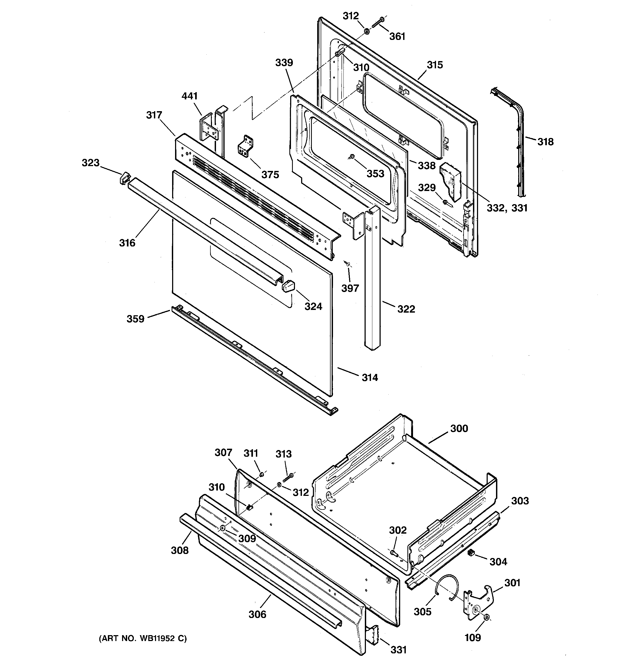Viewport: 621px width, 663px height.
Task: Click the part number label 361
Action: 397,36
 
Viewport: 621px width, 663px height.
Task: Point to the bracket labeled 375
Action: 246,147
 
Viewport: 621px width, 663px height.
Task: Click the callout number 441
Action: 190,96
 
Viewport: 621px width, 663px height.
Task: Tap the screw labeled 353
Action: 352,156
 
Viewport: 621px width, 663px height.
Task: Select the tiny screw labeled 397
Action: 347,264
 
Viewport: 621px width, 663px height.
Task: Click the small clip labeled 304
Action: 471,552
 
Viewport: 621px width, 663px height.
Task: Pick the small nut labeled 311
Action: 262,474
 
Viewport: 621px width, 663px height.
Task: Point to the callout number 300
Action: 459,429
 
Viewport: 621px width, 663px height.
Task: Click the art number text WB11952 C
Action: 142,639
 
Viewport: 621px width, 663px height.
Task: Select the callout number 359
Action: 135,319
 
